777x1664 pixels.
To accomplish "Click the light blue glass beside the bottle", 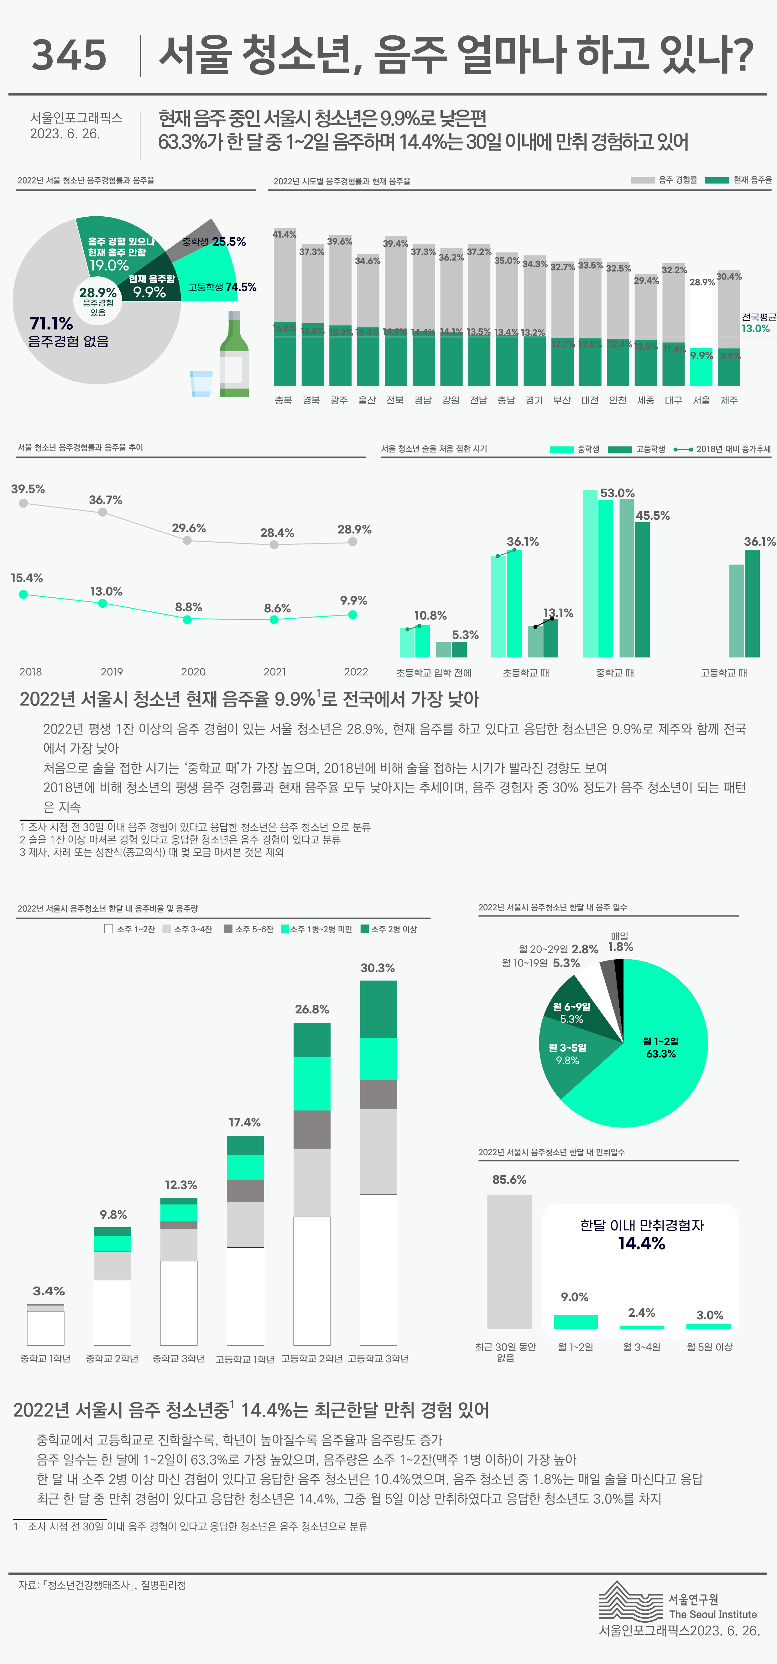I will click(201, 384).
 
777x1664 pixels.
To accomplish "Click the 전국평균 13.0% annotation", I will click(758, 323).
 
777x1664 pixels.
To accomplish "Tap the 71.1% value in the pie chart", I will click(52, 323).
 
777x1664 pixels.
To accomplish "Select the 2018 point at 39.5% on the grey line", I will click(23, 503).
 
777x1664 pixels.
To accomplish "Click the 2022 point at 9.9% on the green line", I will click(352, 614).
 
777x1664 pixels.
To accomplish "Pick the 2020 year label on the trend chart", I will click(193, 672).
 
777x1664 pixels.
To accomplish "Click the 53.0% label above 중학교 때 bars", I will click(617, 493).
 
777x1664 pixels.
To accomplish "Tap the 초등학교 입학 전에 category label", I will click(434, 672).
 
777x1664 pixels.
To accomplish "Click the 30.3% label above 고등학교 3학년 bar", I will click(378, 968).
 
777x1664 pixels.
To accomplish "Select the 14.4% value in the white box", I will click(641, 1244).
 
